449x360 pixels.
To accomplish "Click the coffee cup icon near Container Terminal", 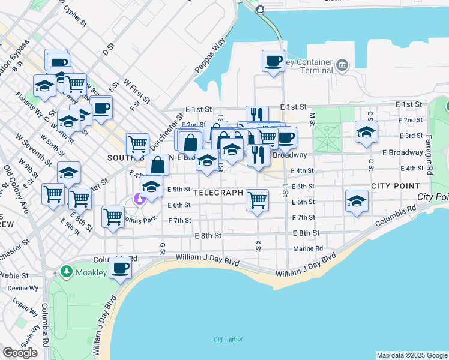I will pyautogui.click(x=274, y=61).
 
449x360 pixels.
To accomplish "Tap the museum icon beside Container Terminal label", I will pyautogui.click(x=342, y=65).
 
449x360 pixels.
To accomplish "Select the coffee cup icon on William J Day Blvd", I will pyautogui.click(x=120, y=268).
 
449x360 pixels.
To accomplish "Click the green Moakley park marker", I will pyautogui.click(x=66, y=272).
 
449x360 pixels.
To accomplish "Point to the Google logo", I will pyautogui.click(x=20, y=353).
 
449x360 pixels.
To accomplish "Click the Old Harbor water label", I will pyautogui.click(x=228, y=340).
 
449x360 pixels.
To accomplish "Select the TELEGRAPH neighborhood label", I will pyautogui.click(x=218, y=193).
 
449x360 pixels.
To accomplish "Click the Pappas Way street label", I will pyautogui.click(x=209, y=56).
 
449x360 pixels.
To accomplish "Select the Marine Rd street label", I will pyautogui.click(x=308, y=248).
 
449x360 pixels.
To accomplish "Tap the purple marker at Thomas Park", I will pyautogui.click(x=140, y=199).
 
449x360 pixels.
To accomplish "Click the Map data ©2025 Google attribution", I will pyautogui.click(x=412, y=355).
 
